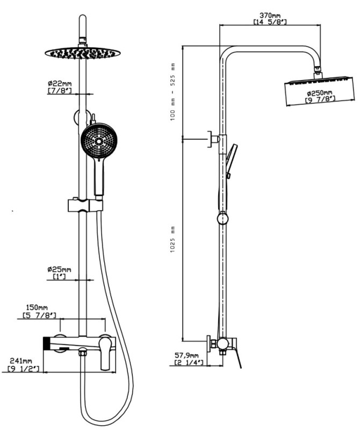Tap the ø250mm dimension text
click(x=320, y=93)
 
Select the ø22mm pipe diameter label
click(x=59, y=83)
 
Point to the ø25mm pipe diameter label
click(x=59, y=269)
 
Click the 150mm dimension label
click(x=39, y=307)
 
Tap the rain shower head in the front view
click(x=83, y=53)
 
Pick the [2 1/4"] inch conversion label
click(x=188, y=363)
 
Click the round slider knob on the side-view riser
click(x=222, y=218)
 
